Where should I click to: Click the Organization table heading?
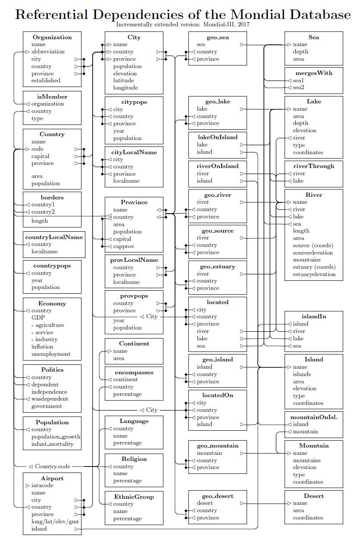(52, 37)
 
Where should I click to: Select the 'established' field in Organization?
(46, 81)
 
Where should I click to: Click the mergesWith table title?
(313, 73)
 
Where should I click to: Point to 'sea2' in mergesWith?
(299, 87)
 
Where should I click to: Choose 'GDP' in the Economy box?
(38, 318)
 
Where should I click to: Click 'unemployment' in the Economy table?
(50, 354)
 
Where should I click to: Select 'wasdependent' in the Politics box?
(50, 399)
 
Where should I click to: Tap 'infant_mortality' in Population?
(52, 444)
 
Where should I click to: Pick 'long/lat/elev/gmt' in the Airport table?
(55, 522)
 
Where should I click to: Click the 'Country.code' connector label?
(53, 466)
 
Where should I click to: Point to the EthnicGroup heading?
(134, 497)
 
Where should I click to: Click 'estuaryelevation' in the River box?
(314, 274)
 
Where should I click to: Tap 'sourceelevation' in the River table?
(313, 252)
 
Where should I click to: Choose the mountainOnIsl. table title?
(313, 417)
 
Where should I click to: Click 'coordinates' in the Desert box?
(308, 518)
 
